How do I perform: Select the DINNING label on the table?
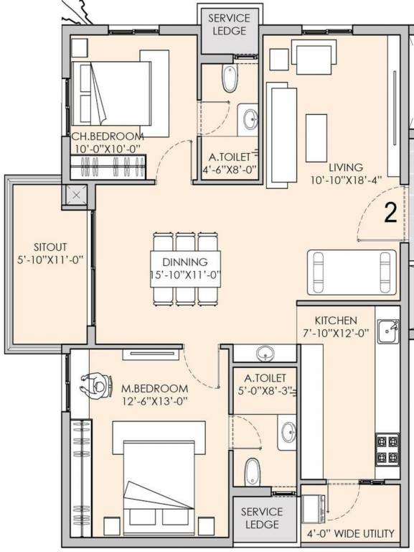point(184,262)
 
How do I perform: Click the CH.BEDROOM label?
point(106,136)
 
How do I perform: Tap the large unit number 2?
point(390,214)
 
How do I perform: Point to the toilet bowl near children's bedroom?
point(230,79)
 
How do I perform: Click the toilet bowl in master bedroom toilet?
point(253,471)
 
